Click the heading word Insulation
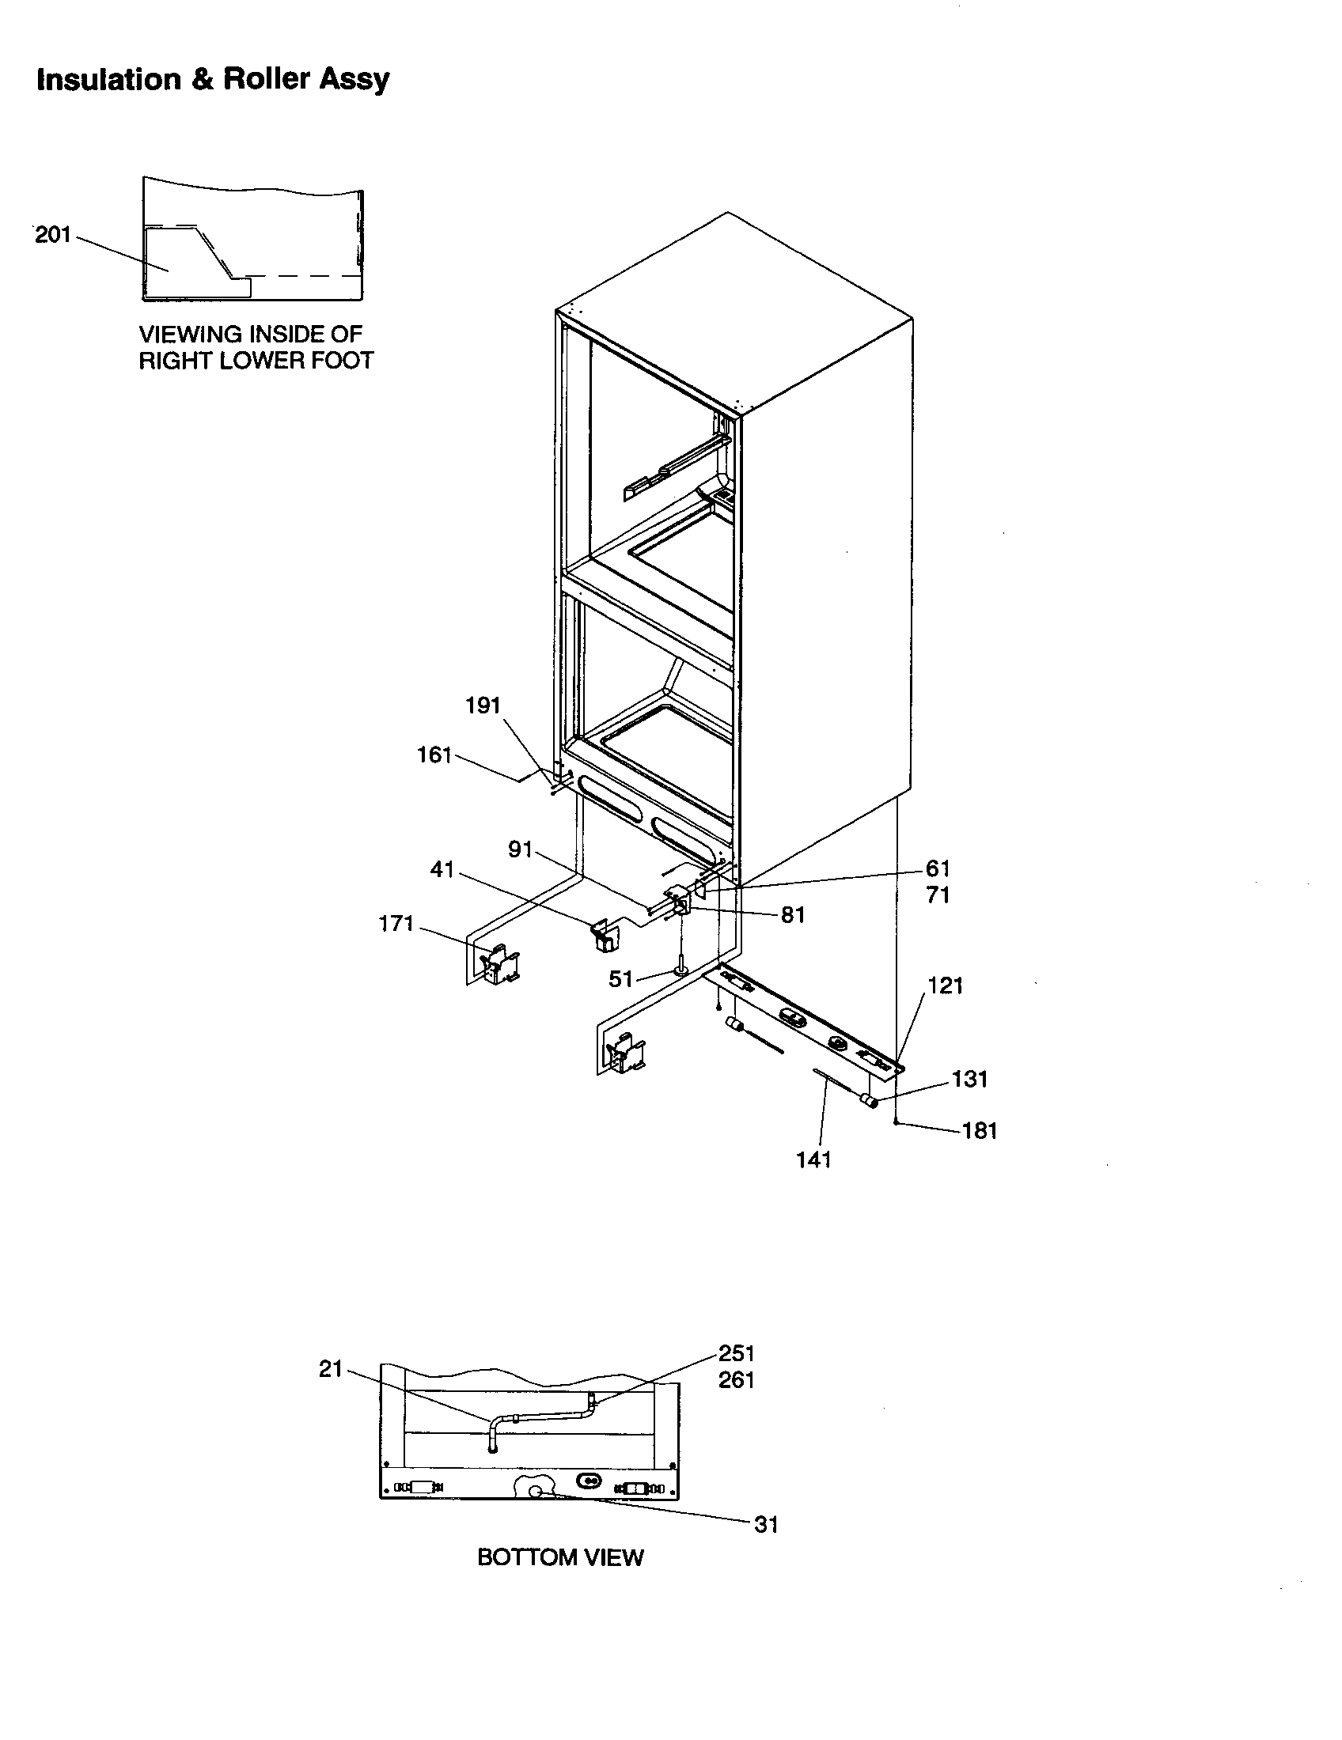[109, 80]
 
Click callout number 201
[52, 235]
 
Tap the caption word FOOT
[343, 361]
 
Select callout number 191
[482, 705]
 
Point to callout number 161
[434, 755]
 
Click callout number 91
[520, 850]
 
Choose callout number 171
[396, 923]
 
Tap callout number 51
[620, 978]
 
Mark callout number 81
[792, 915]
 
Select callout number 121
[945, 985]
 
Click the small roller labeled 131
[869, 1102]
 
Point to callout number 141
[813, 1160]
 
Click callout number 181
[980, 1130]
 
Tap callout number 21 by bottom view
[331, 1369]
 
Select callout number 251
[736, 1352]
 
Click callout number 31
[765, 1524]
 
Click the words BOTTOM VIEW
[559, 1557]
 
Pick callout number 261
[736, 1380]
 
